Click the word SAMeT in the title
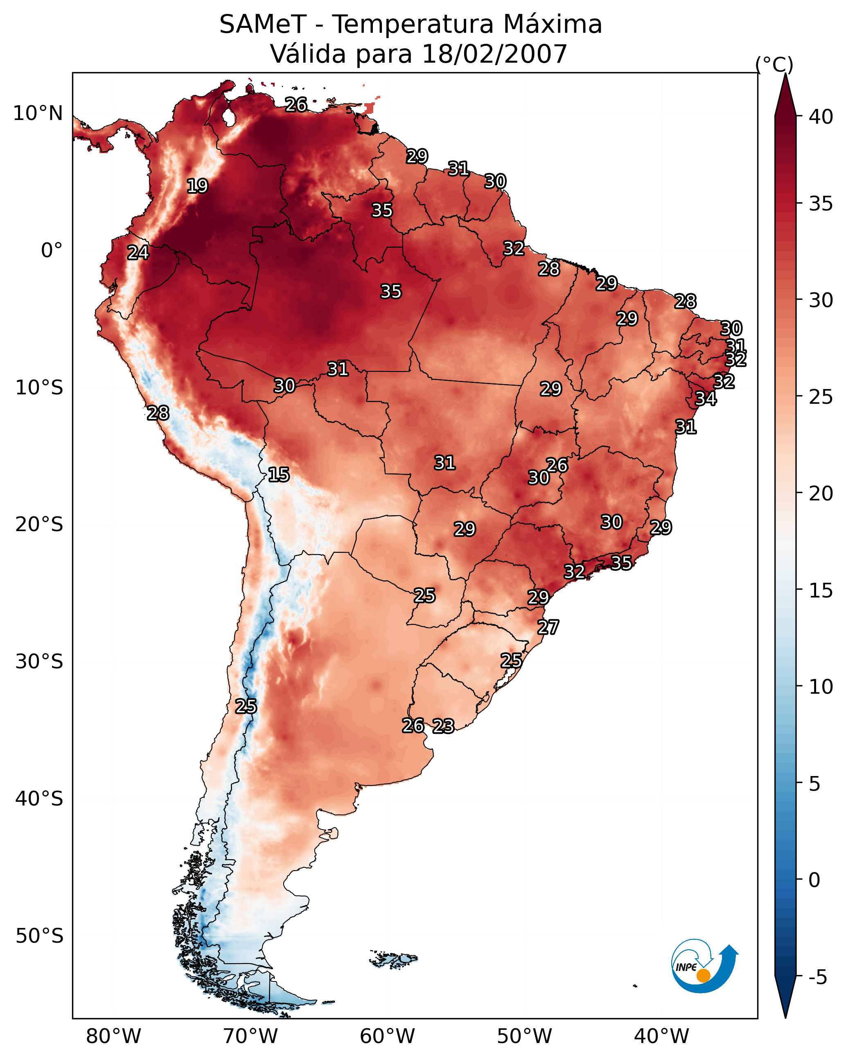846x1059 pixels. tap(263, 25)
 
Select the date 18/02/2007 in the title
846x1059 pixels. tap(494, 54)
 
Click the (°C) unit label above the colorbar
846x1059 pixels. tap(774, 65)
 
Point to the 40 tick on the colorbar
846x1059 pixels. tap(821, 117)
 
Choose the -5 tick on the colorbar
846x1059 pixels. tap(817, 978)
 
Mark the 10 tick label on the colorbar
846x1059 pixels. tap(821, 687)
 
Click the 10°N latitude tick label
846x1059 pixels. tap(38, 113)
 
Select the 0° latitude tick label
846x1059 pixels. tap(52, 251)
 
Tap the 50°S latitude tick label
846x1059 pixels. tap(39, 936)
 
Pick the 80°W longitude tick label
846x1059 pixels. tap(113, 1036)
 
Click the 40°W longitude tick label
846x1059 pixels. tap(661, 1036)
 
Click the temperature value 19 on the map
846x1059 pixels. tap(197, 186)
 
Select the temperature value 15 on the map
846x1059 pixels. tap(278, 475)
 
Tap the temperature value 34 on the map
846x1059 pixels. tap(706, 398)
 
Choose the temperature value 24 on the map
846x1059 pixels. tap(138, 253)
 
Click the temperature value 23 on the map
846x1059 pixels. tap(443, 726)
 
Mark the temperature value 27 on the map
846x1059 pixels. tap(548, 627)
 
